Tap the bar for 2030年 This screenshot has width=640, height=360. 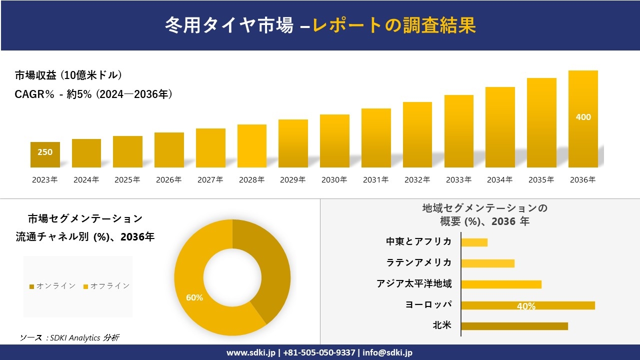(334, 141)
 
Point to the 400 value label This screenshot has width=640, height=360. (583, 117)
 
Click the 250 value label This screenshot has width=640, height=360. (45, 152)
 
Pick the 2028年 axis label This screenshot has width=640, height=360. (251, 180)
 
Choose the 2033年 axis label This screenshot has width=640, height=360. (458, 180)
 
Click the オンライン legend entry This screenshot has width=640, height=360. (52, 286)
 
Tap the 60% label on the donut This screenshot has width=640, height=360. (194, 297)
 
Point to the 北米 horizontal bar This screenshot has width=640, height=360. (514, 326)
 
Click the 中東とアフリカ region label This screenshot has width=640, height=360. (418, 241)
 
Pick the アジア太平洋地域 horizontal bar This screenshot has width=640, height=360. (501, 284)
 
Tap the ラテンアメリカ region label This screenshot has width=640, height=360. (418, 262)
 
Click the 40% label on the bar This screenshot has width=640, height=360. (526, 306)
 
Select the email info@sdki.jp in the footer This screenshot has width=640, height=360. (387, 352)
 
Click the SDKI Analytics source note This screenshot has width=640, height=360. (69, 337)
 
